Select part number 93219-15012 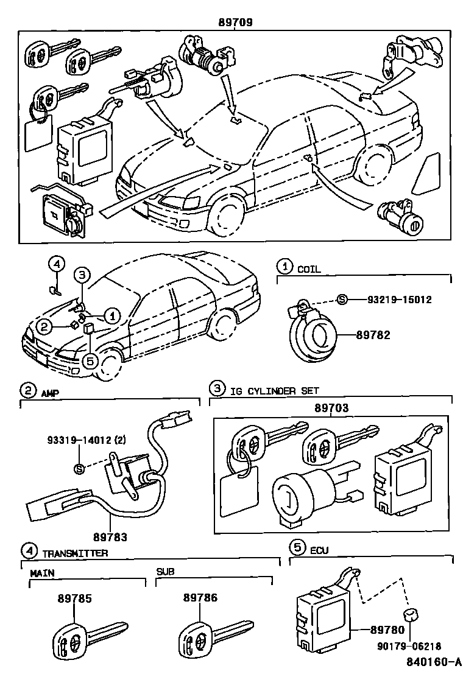point(399,300)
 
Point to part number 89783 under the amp point(110,538)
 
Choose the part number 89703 point(331,408)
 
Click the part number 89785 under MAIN point(75,598)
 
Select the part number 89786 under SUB point(200,598)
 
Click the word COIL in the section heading point(309,268)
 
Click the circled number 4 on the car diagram point(56,264)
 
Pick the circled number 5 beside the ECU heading point(297,547)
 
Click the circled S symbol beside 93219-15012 point(342,300)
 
